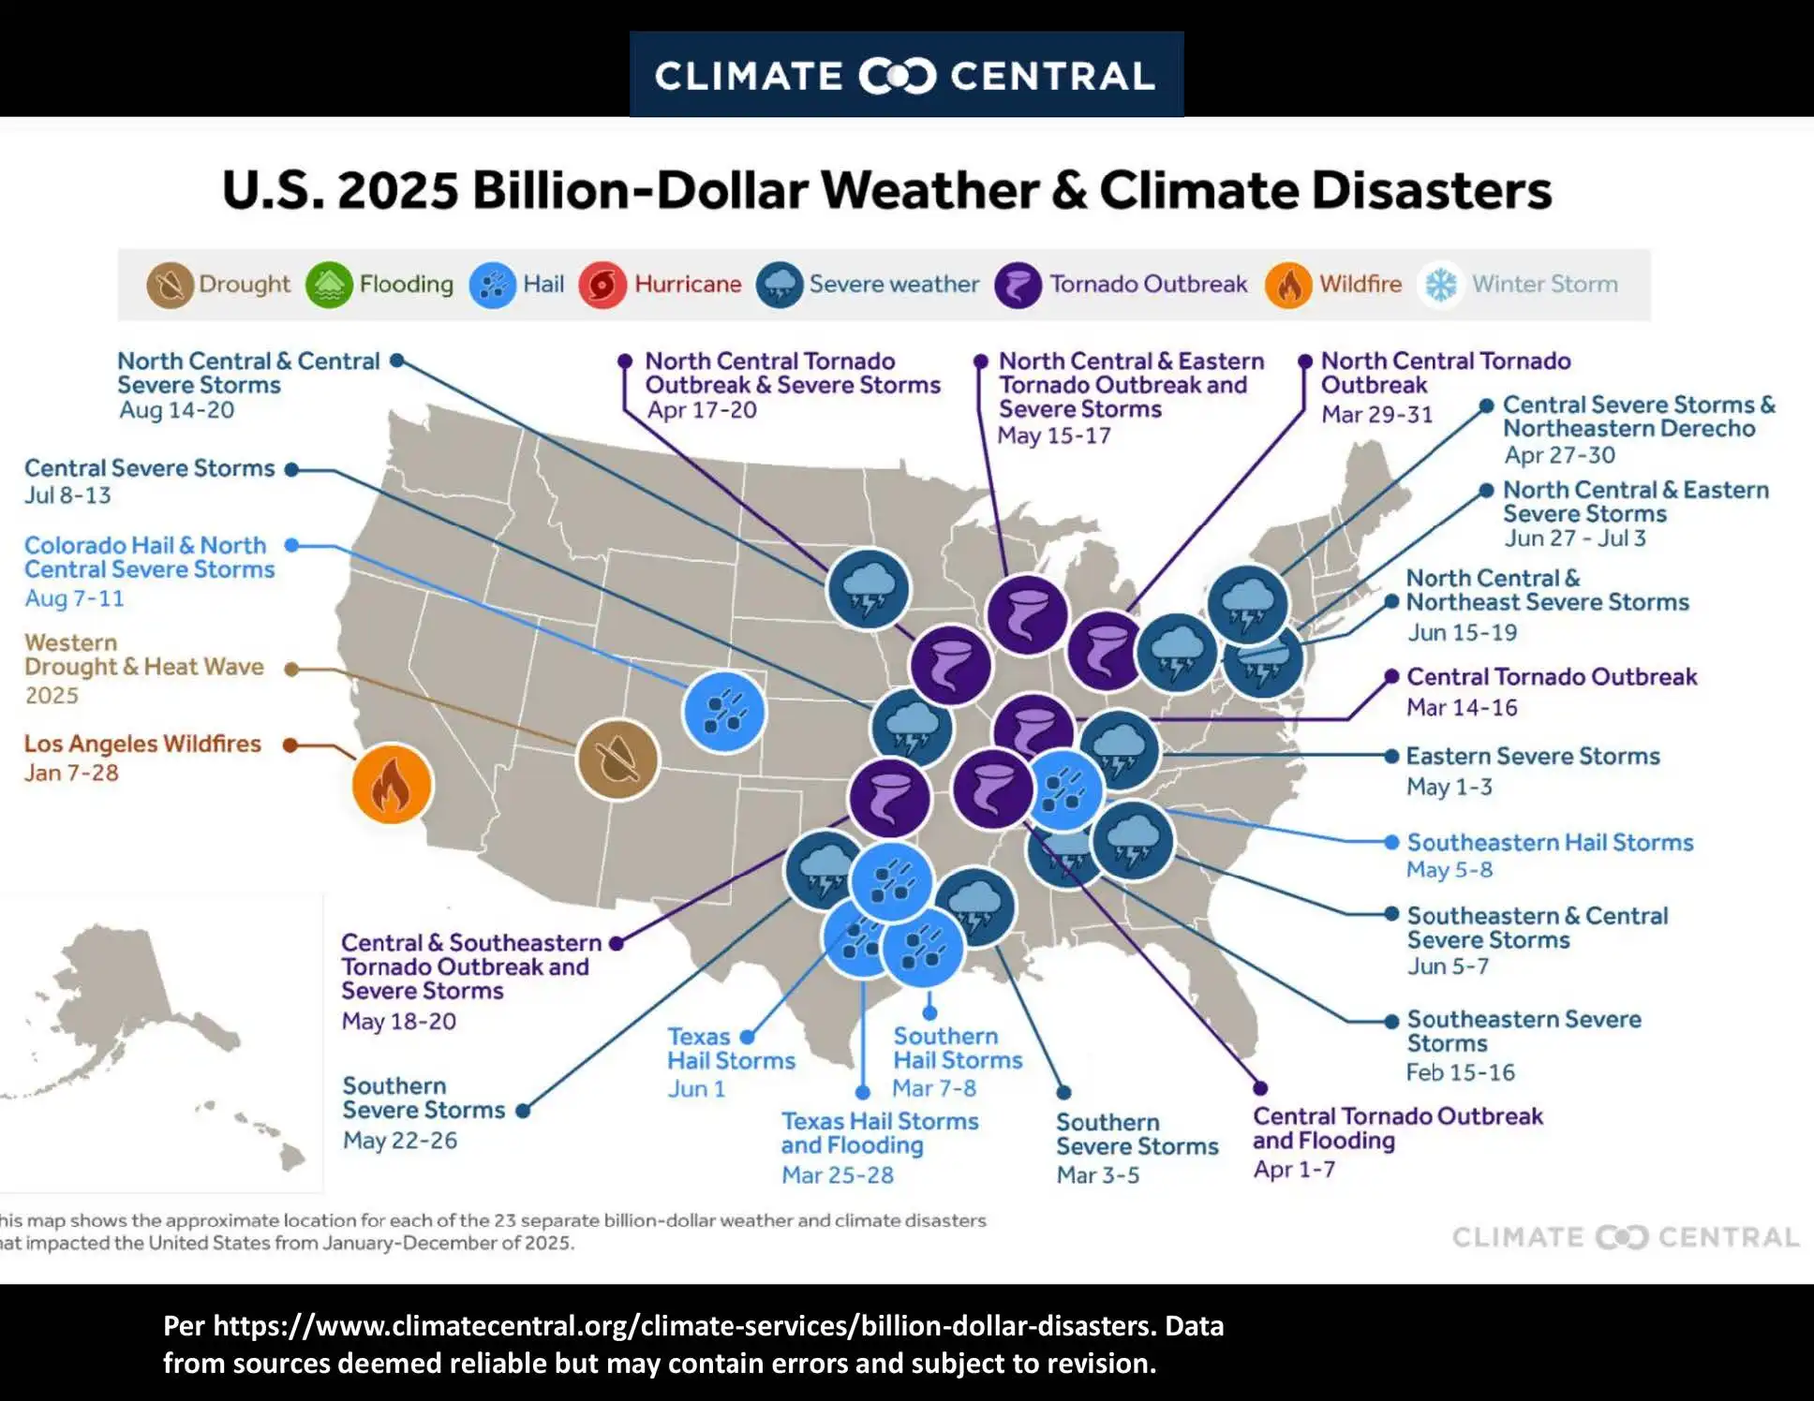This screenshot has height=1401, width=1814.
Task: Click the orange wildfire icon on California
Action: (392, 784)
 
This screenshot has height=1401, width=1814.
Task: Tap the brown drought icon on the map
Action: (617, 759)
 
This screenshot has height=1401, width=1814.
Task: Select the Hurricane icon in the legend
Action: (602, 285)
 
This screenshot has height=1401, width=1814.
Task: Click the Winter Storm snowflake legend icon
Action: (1441, 285)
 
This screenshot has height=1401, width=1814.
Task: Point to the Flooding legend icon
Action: (329, 285)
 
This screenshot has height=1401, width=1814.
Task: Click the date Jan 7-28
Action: (71, 774)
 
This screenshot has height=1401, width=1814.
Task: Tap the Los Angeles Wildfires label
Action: (142, 744)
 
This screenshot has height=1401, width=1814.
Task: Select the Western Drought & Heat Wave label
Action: (143, 655)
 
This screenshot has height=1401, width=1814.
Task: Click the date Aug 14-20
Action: (176, 410)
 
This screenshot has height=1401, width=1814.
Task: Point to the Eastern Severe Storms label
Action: (1533, 756)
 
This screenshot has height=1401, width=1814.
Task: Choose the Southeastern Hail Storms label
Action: (1550, 842)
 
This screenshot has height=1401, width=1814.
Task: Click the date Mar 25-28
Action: (838, 1175)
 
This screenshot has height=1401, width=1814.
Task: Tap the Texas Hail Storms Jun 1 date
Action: (696, 1089)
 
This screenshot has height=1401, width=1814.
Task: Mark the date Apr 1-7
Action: (1294, 1170)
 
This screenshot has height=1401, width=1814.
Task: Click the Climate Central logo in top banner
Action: (906, 75)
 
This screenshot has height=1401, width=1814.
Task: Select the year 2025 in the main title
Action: (398, 190)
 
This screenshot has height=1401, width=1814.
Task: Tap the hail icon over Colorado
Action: (723, 712)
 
